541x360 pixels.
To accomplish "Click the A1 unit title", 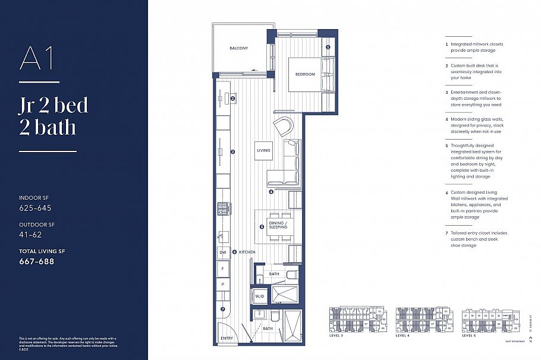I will (x=37, y=59).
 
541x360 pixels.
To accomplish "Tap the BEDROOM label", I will (x=305, y=74).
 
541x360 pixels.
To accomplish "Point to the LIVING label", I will (x=263, y=150).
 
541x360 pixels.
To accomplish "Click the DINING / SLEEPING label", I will (x=278, y=225).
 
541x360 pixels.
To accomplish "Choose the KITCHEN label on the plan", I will (x=247, y=252).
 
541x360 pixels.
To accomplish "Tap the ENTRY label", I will (x=227, y=338).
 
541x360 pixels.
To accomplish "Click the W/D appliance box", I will (x=260, y=295).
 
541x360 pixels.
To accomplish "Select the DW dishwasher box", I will (x=222, y=252).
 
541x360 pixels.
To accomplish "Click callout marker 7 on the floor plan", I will (x=223, y=309).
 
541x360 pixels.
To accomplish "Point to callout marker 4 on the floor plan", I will (x=270, y=192).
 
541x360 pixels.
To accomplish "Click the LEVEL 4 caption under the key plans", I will (x=402, y=336).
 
